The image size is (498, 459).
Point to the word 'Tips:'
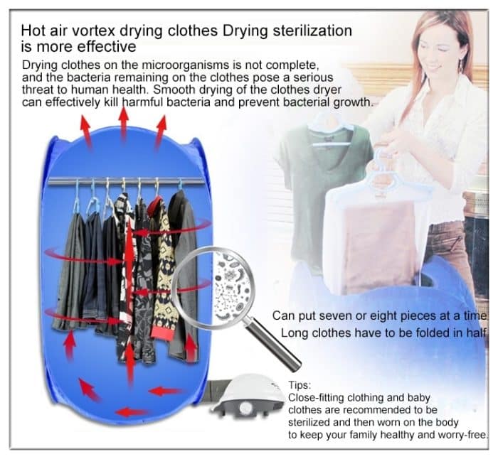[x=300, y=384]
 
